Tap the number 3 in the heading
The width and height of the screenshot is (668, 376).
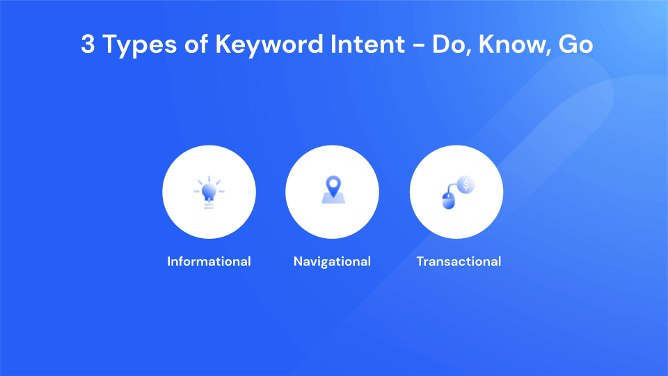click(88, 45)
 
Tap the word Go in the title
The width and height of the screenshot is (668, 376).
click(575, 45)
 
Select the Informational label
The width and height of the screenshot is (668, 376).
click(209, 262)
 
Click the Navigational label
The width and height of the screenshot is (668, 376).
click(332, 262)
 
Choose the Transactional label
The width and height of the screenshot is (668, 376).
click(459, 262)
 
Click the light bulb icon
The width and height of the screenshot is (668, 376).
click(209, 192)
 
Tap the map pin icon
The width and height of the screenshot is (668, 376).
click(333, 185)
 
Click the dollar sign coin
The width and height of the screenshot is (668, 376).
click(466, 184)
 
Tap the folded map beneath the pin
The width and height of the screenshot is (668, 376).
click(333, 199)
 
